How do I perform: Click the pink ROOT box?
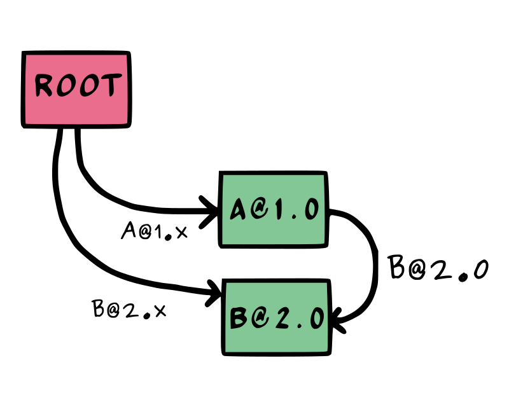click(76, 89)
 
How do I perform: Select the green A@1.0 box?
click(273, 209)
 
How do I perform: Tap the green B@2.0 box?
click(276, 317)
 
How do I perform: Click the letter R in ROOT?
click(44, 86)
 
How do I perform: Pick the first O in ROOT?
click(66, 86)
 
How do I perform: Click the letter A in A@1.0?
click(238, 209)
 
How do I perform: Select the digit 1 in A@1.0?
click(277, 209)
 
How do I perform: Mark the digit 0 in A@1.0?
click(311, 209)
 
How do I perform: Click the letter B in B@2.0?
click(239, 318)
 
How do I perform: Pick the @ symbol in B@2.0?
click(258, 318)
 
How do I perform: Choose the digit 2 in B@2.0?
click(279, 318)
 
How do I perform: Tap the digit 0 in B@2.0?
click(316, 318)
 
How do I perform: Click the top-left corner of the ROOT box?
click(26, 55)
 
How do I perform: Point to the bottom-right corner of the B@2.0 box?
click(327, 351)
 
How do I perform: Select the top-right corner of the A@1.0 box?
click(324, 176)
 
